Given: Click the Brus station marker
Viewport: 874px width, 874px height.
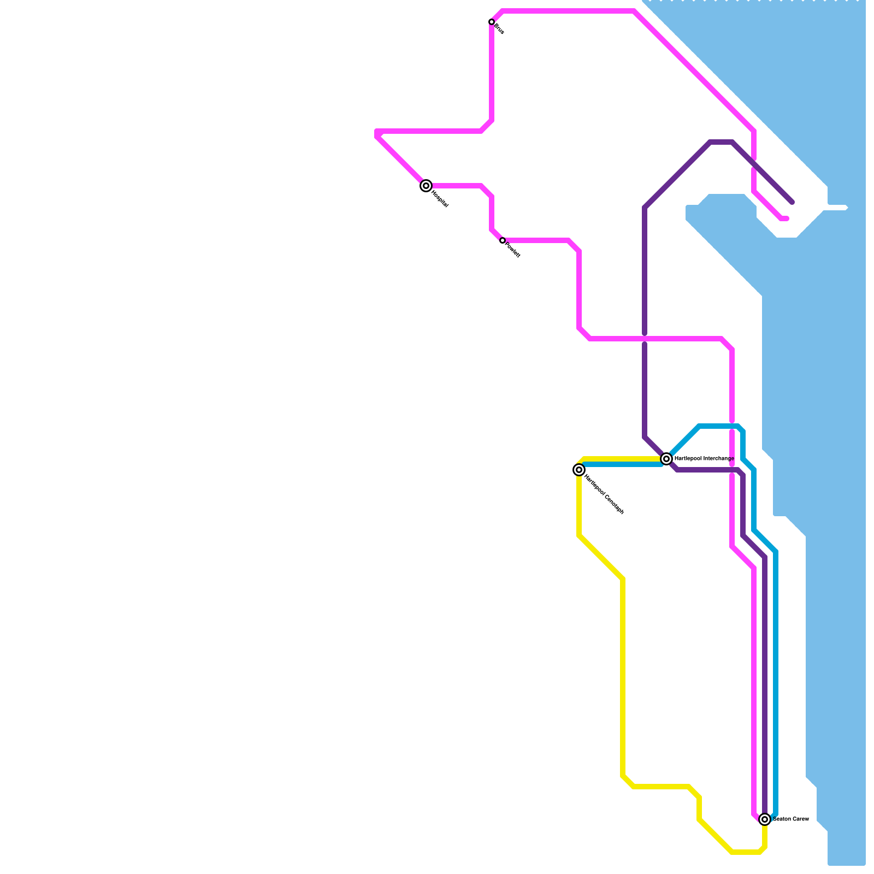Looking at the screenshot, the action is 492,22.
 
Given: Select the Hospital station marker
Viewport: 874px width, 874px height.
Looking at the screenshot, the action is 426,186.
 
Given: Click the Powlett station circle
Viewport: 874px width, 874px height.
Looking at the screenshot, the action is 503,240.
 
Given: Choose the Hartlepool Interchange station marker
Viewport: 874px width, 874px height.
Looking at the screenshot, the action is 666,459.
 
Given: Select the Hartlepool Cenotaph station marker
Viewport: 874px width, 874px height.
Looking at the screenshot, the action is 579,470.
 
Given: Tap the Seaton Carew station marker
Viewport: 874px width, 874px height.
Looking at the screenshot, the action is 765,819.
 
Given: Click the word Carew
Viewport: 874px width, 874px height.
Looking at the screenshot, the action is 800,819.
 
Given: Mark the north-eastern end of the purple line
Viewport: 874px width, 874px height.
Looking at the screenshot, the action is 792,202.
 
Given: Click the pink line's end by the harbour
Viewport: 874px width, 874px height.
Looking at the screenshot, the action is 787,218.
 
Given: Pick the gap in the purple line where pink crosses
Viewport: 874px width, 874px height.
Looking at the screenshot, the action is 645,339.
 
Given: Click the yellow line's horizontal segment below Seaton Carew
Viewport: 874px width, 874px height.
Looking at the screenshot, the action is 746,852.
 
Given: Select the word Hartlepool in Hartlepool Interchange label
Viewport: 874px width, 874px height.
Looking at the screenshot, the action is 687,458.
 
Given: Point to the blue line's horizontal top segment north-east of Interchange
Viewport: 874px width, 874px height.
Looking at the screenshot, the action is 718,426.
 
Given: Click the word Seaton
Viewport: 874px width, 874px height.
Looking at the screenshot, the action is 782,819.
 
